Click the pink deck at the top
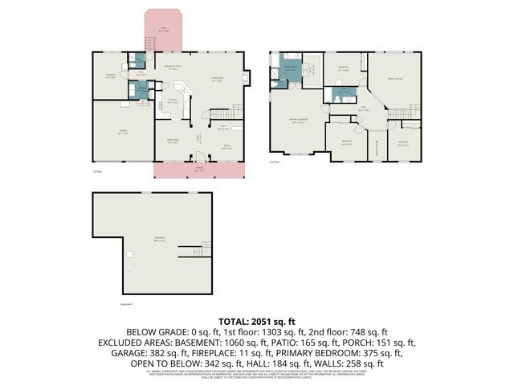165,32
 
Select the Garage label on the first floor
123,133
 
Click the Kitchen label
172,101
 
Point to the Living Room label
217,78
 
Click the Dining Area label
172,142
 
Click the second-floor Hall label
363,109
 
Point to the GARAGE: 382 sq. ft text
163,352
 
